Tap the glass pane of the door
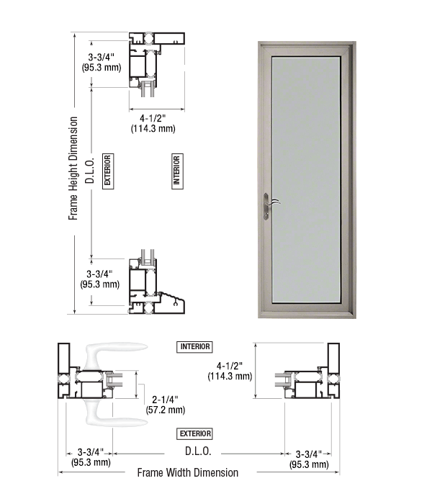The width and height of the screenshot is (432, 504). coord(306,179)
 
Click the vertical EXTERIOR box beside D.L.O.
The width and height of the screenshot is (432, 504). coord(108,171)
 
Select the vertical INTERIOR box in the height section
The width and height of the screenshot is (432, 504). coord(177,171)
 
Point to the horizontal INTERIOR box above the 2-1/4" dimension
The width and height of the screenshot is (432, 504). coord(194,347)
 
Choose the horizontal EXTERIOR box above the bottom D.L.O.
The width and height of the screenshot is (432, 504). coord(194,434)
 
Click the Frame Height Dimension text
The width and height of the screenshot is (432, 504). coord(73,168)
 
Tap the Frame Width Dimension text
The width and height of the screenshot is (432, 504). coord(188,472)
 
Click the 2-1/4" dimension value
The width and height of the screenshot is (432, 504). coord(165,400)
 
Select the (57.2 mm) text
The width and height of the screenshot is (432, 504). coord(166,410)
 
